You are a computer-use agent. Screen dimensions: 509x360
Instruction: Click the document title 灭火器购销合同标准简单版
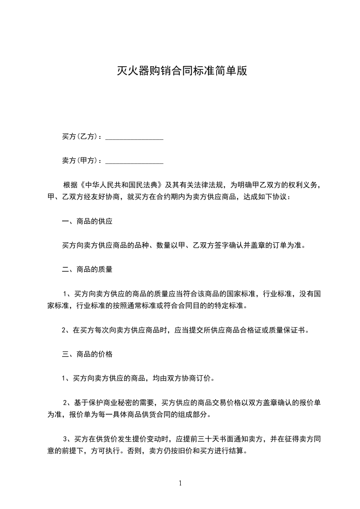(x=180, y=71)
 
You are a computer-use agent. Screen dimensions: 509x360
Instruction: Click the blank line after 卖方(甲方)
(x=134, y=162)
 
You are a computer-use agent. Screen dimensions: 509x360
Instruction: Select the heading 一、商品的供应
(x=87, y=222)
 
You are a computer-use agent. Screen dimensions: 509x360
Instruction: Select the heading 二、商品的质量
(x=87, y=269)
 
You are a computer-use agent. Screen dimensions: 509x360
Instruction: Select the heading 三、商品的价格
(x=87, y=354)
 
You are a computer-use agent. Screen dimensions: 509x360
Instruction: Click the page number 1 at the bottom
(x=180, y=483)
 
